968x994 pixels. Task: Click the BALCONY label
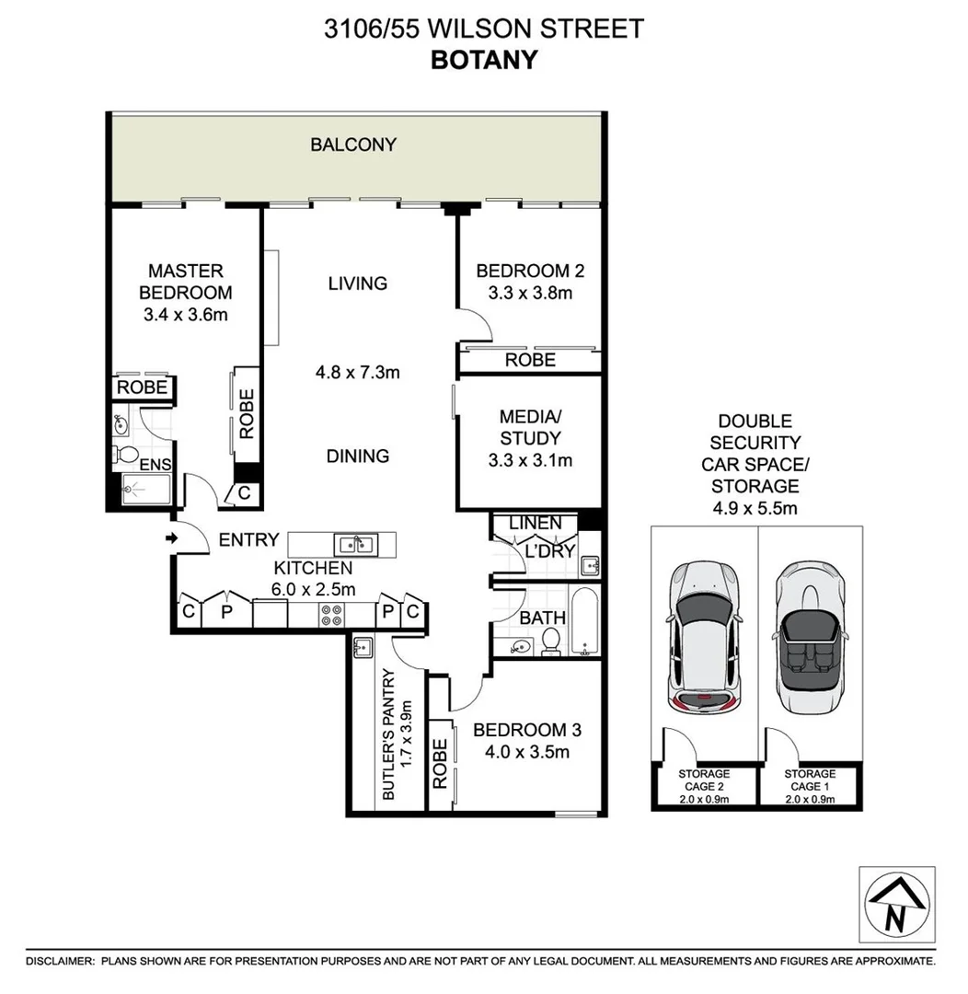tap(353, 144)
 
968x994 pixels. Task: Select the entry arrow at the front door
tap(172, 537)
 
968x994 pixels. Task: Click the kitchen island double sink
tap(353, 543)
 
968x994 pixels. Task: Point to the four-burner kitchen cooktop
tap(330, 614)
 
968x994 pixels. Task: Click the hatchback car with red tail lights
tap(704, 640)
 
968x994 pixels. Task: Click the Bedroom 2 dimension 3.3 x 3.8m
tap(529, 294)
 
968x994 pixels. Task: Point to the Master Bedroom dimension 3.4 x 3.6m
tap(185, 315)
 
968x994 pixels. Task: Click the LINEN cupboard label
tap(535, 523)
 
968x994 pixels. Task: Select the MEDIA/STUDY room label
tap(529, 426)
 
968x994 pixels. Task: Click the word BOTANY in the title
tap(484, 60)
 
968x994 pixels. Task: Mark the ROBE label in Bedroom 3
tap(440, 763)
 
